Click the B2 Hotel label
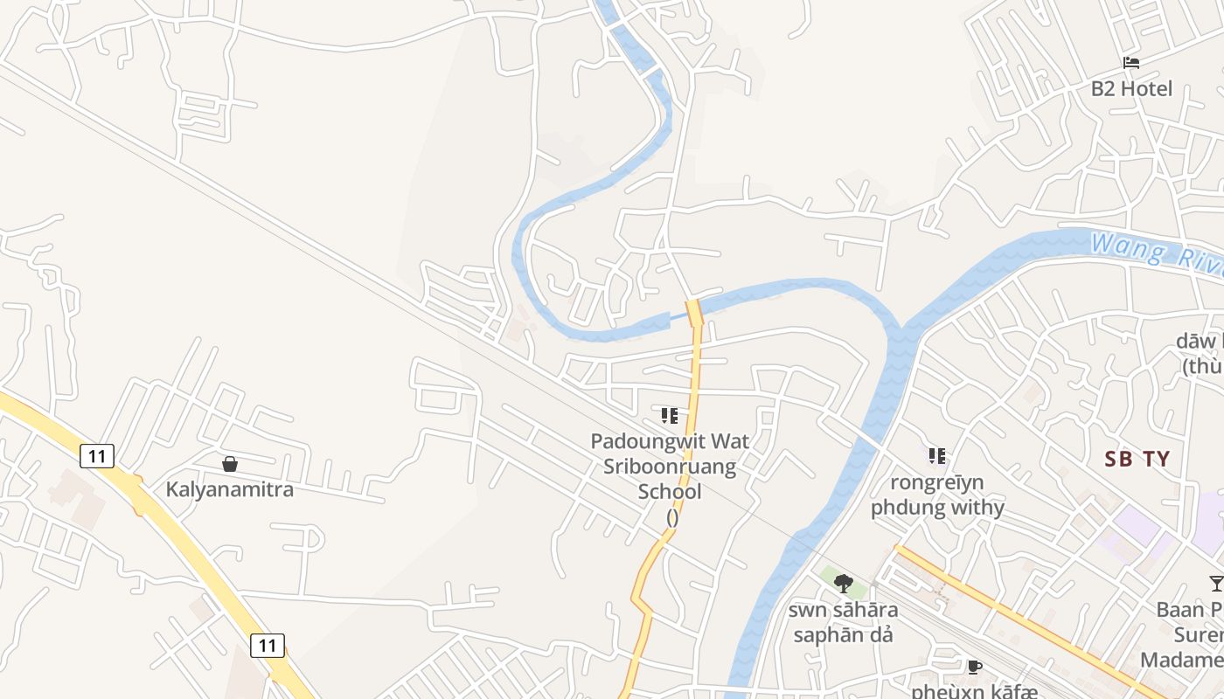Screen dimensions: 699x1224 click(1131, 88)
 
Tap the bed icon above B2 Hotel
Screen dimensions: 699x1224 click(1131, 63)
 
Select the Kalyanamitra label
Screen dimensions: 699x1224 click(230, 489)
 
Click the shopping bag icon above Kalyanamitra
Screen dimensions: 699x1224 click(230, 464)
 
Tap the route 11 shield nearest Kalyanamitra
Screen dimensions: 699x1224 click(97, 455)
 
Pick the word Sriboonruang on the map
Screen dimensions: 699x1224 click(670, 467)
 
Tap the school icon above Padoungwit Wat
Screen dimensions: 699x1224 click(670, 415)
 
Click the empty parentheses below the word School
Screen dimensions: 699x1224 click(671, 516)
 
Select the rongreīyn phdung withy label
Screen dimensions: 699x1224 click(937, 495)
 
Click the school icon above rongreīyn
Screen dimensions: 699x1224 click(937, 455)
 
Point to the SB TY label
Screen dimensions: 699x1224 click(1137, 459)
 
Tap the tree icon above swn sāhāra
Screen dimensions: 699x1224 click(844, 583)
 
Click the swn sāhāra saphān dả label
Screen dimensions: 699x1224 click(843, 622)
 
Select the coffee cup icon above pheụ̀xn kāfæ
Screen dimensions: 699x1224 click(975, 668)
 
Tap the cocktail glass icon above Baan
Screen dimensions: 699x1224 click(1216, 583)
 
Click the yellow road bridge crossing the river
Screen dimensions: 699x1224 click(695, 312)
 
